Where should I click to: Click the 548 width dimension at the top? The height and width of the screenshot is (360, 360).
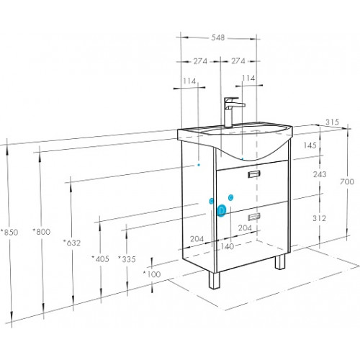pos(218,37)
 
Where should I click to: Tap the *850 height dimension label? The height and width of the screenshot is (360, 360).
pos(9,233)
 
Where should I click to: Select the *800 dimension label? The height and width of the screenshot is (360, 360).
pos(42,232)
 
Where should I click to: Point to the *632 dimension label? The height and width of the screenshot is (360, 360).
pos(72,243)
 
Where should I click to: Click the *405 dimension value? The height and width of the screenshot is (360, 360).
pos(101,259)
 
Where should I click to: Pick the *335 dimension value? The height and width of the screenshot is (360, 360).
pos(127,259)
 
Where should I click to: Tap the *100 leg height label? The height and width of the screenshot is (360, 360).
pos(152,274)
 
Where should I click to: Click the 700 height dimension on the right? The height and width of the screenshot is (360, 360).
pos(347,181)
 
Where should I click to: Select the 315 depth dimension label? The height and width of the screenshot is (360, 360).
pos(333,122)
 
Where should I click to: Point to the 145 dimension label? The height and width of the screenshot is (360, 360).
pos(310,145)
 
